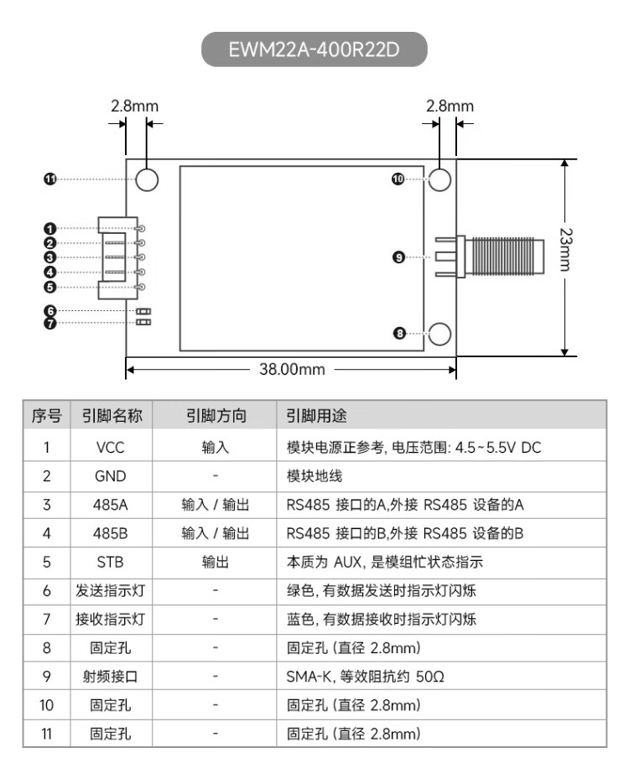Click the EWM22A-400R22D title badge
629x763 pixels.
[314, 49]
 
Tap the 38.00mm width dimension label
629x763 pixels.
[292, 369]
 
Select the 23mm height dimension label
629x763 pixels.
[566, 249]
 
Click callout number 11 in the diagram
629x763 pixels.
[50, 179]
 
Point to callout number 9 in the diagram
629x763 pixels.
[398, 257]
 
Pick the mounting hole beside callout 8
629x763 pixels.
[439, 334]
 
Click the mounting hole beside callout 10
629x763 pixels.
[439, 179]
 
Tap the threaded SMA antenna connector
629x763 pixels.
[489, 257]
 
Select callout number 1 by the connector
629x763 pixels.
[50, 228]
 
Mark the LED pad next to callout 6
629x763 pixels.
[143, 311]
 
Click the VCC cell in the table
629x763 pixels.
[111, 447]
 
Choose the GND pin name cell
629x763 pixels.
[111, 476]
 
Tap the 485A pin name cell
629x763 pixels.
[111, 505]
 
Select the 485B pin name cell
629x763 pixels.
[111, 533]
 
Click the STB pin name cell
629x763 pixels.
[111, 562]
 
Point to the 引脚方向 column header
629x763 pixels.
[216, 416]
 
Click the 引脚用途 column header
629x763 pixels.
[316, 416]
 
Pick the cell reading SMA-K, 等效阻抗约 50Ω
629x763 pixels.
[365, 677]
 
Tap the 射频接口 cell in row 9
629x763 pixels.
[111, 677]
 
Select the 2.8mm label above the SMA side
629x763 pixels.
[450, 106]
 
